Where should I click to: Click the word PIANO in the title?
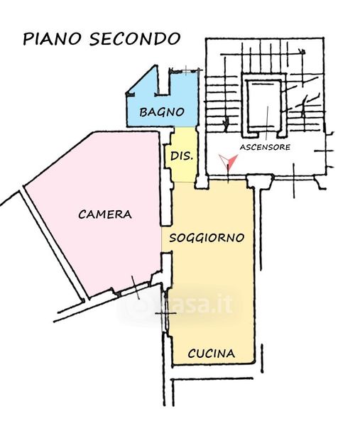[52, 39]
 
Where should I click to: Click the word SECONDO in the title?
[135, 39]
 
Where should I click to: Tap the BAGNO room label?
[162, 112]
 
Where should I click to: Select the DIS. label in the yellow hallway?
[182, 156]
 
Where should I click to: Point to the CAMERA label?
[105, 214]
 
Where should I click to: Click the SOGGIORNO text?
[207, 238]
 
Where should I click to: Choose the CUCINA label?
[212, 354]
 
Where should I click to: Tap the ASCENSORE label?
[265, 147]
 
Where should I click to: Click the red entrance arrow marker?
[229, 162]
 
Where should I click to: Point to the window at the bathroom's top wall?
[185, 70]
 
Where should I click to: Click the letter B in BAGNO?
[143, 112]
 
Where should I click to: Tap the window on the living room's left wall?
[165, 313]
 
